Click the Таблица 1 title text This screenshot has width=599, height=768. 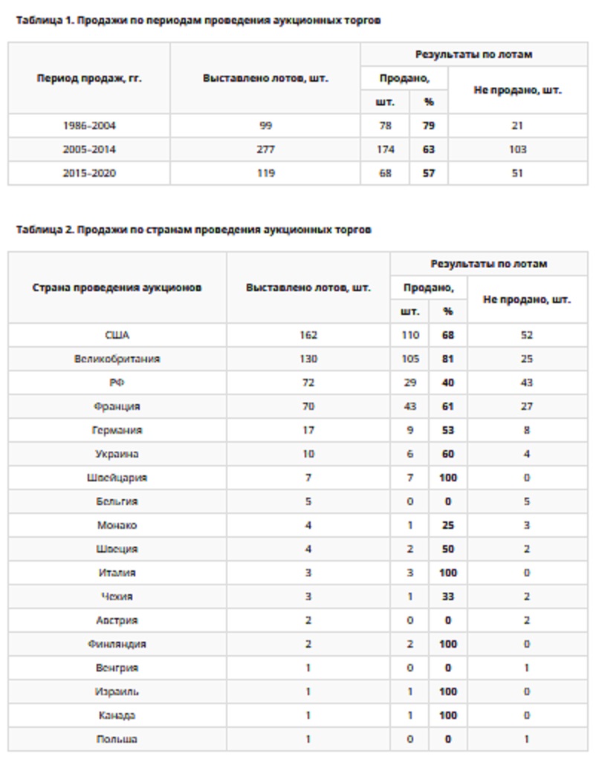(198, 21)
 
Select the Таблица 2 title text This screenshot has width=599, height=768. (193, 230)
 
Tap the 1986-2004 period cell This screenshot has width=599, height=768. (89, 126)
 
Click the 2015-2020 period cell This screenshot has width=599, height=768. (89, 173)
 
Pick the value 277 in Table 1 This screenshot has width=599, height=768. (265, 149)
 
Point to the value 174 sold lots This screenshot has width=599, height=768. (385, 149)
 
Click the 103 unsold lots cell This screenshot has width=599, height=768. (517, 149)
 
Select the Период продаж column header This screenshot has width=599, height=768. (89, 78)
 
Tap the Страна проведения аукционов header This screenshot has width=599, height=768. (117, 287)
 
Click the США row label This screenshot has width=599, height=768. (117, 335)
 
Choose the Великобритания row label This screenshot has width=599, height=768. (117, 359)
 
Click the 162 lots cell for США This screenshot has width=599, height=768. (308, 335)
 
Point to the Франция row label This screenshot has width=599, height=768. (117, 406)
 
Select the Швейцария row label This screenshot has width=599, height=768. (117, 478)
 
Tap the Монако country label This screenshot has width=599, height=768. (117, 525)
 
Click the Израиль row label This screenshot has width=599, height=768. (117, 691)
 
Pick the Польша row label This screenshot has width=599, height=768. (117, 739)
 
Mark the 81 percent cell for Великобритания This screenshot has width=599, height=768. (447, 359)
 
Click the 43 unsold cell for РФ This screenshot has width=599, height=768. (527, 383)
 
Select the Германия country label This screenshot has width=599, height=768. (117, 430)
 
